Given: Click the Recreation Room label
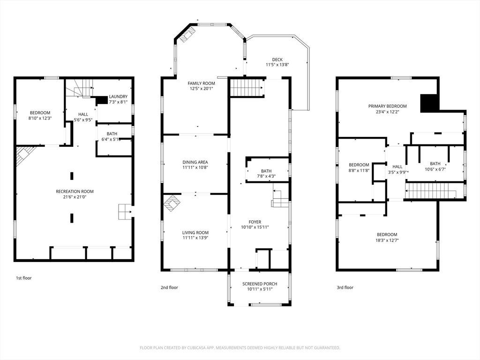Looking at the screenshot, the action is [75, 191].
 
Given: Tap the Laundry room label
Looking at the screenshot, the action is [118, 97].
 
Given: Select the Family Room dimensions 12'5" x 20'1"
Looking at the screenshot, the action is [202, 89].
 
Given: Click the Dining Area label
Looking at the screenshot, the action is [195, 162].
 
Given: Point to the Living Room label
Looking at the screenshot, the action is [195, 232].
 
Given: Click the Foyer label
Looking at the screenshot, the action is [255, 222].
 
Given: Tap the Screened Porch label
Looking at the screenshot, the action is [260, 284].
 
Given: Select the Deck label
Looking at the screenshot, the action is [277, 60].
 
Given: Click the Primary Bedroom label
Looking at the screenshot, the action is [388, 106].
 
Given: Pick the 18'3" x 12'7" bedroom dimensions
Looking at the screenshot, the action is [388, 240].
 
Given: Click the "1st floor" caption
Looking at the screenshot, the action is [24, 278].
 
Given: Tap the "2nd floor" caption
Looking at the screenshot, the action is [169, 287].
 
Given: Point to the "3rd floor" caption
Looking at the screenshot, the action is [345, 287].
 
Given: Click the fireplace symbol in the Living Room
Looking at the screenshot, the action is [172, 203].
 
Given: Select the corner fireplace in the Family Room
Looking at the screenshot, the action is [187, 34].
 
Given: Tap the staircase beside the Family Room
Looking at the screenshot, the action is [247, 88].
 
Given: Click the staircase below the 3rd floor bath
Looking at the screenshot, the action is [430, 190].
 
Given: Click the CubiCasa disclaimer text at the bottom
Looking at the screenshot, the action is [240, 348].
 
